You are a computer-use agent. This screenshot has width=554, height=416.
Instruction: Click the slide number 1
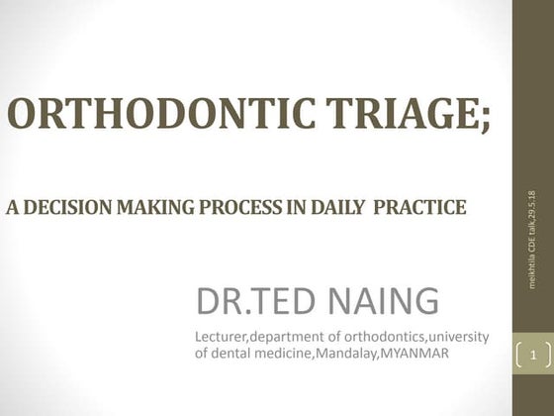pyautogui.click(x=533, y=352)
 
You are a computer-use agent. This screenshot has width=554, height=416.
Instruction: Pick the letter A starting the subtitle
pyautogui.click(x=12, y=208)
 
